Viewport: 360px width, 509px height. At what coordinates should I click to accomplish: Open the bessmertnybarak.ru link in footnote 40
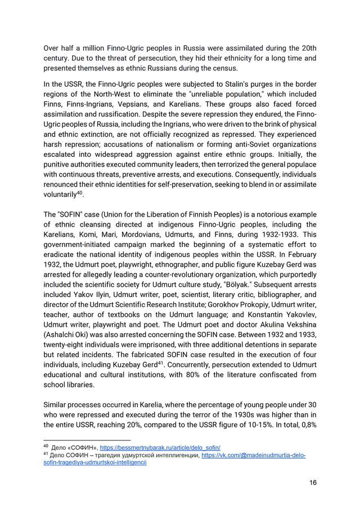160,447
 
